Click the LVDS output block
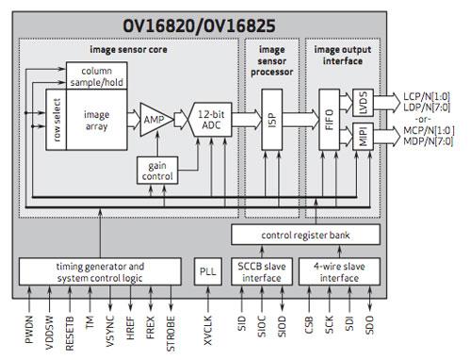[x=361, y=101]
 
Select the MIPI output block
[x=361, y=139]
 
